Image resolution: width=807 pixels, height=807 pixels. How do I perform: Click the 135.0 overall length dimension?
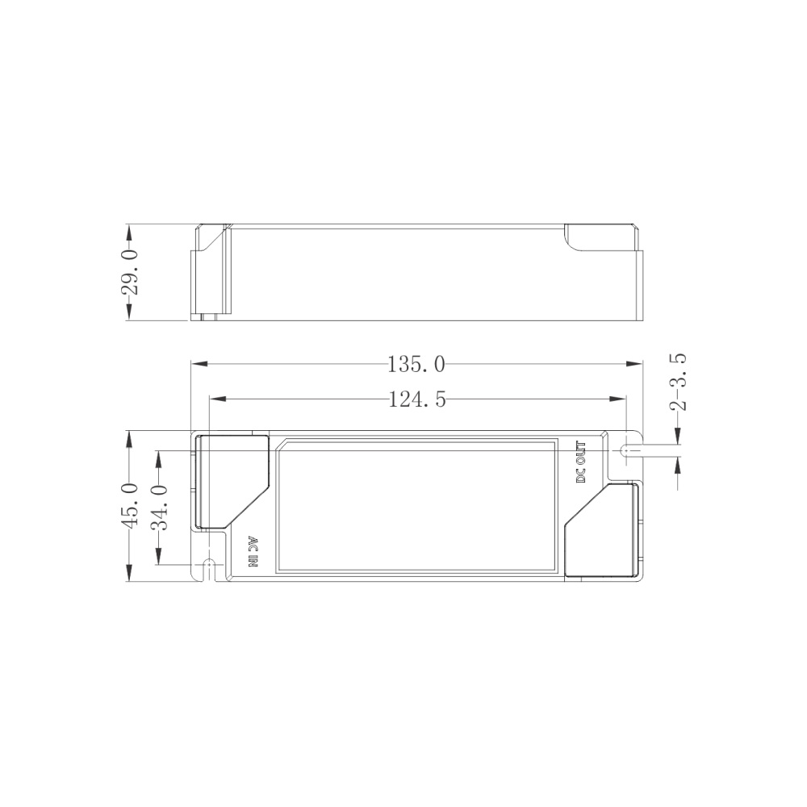click(416, 365)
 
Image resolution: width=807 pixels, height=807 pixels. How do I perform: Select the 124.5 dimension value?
click(417, 399)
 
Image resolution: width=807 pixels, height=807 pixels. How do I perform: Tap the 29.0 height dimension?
click(130, 272)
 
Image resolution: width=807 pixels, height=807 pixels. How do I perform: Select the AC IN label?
click(251, 553)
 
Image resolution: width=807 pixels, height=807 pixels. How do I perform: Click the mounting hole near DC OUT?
click(626, 450)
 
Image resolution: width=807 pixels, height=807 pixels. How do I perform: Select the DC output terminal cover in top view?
click(601, 530)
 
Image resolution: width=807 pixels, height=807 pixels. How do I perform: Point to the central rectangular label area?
click(416, 506)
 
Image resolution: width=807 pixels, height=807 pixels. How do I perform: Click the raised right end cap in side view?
click(601, 236)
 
